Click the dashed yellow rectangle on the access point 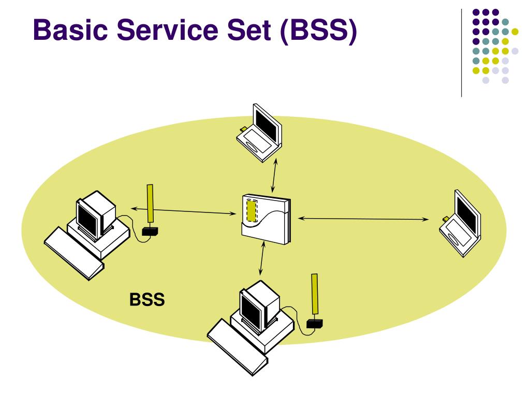pos(252,211)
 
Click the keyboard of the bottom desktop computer pos(235,344)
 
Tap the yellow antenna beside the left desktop pos(151,205)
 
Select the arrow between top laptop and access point pos(275,176)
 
